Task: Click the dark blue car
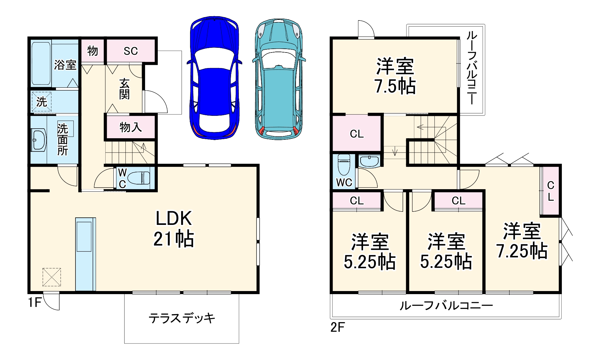pyautogui.click(x=214, y=78)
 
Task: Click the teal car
pyautogui.click(x=279, y=79)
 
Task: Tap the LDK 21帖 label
pyautogui.click(x=174, y=228)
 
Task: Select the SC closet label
pyautogui.click(x=131, y=51)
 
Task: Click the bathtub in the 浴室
pyautogui.click(x=41, y=63)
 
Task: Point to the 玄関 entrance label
pyautogui.click(x=124, y=89)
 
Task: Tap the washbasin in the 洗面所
pyautogui.click(x=39, y=140)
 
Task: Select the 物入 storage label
pyautogui.click(x=130, y=127)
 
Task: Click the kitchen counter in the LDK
pyautogui.click(x=85, y=254)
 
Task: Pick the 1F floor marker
pyautogui.click(x=34, y=302)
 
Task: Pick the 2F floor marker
pyautogui.click(x=337, y=327)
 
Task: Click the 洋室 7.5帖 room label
pyautogui.click(x=395, y=76)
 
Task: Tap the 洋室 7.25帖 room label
pyautogui.click(x=522, y=241)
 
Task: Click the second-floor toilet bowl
pyautogui.click(x=344, y=165)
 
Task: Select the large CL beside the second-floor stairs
pyautogui.click(x=357, y=134)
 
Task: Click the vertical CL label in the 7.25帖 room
pyautogui.click(x=550, y=191)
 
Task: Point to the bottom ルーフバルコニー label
pyautogui.click(x=446, y=306)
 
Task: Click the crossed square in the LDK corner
pyautogui.click(x=52, y=277)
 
